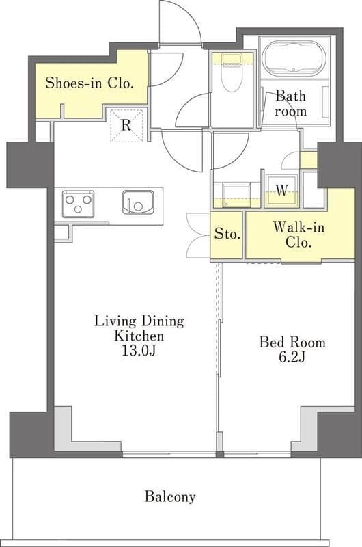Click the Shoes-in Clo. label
[89, 83]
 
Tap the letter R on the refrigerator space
[126, 124]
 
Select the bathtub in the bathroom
[294, 58]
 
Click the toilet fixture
[232, 72]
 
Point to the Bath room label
[290, 103]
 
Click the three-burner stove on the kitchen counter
[78, 204]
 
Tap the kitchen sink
[138, 202]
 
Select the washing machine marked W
[281, 191]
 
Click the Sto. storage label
[227, 233]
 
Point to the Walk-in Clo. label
[298, 235]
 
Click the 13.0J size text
[139, 350]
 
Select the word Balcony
[170, 497]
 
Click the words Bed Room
[292, 343]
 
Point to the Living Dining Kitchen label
[139, 328]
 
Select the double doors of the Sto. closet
[199, 235]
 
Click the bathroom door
[281, 109]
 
